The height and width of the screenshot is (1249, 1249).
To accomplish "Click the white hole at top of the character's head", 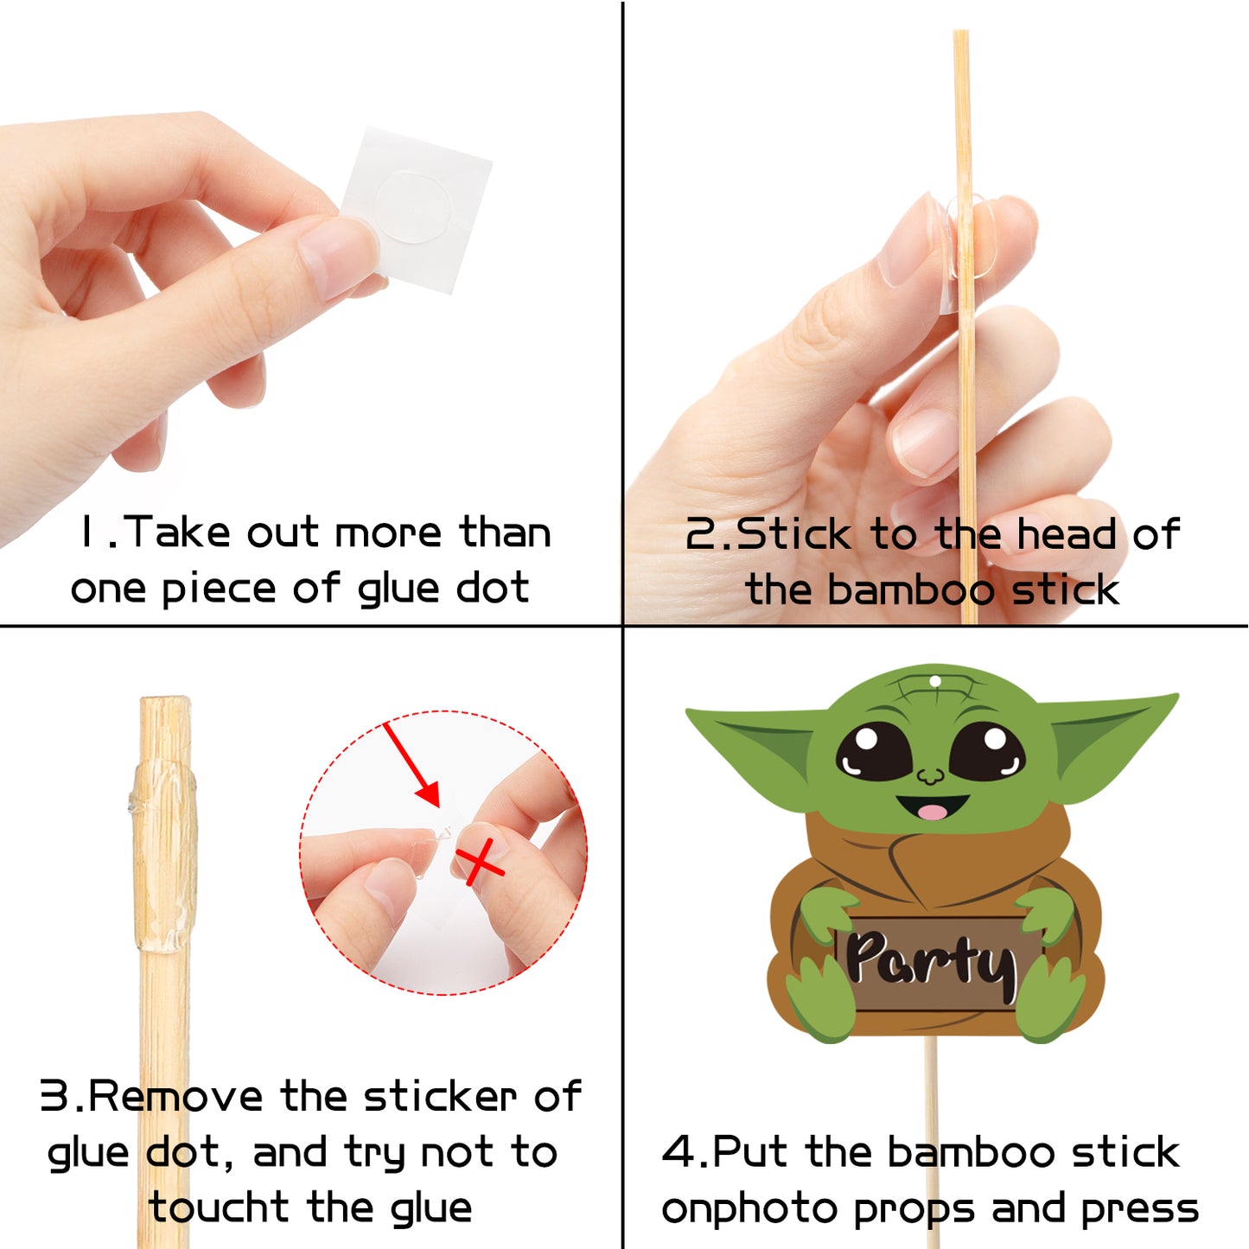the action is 934,680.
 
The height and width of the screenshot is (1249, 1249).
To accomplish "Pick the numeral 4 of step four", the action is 678,1151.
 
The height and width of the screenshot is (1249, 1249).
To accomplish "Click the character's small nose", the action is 931,776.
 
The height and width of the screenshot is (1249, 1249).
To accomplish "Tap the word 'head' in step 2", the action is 1067,534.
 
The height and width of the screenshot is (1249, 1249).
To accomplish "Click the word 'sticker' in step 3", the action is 440,1096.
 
